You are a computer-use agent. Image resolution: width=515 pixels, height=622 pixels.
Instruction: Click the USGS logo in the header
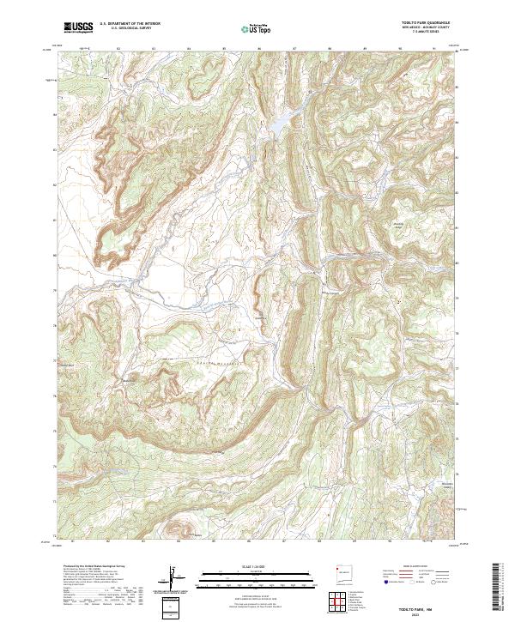(x=78, y=27)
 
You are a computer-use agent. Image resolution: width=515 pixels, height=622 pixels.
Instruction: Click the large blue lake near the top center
(x=281, y=124)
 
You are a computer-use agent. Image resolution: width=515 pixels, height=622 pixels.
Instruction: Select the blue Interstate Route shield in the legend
(x=380, y=581)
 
